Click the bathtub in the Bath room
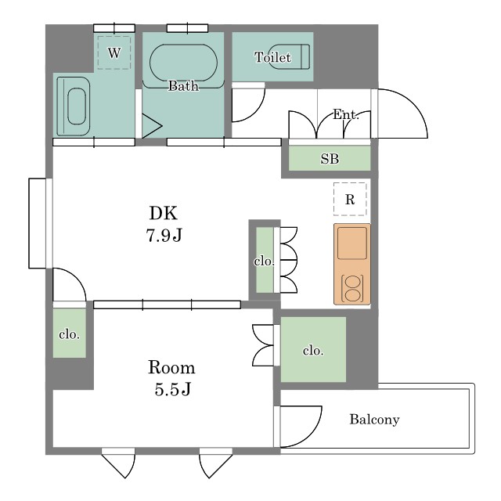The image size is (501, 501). (x=183, y=63)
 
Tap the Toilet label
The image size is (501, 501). (x=273, y=57)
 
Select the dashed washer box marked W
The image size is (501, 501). (x=114, y=52)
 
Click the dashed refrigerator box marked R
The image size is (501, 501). (x=350, y=200)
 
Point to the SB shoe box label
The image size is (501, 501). (x=330, y=159)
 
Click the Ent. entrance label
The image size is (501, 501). (x=346, y=114)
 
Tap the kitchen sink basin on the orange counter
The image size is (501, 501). (x=352, y=243)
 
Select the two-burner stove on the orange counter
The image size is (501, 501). (x=352, y=289)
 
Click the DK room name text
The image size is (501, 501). (x=164, y=213)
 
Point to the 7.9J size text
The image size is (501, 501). (x=164, y=236)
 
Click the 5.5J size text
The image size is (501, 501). (x=172, y=390)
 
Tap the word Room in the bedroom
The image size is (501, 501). (x=171, y=367)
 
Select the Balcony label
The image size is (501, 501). (x=374, y=420)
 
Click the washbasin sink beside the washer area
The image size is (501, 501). (x=74, y=106)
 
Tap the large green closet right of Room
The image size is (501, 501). (x=313, y=350)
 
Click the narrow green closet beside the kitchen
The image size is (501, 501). (x=265, y=260)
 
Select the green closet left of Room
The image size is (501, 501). (x=70, y=333)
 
